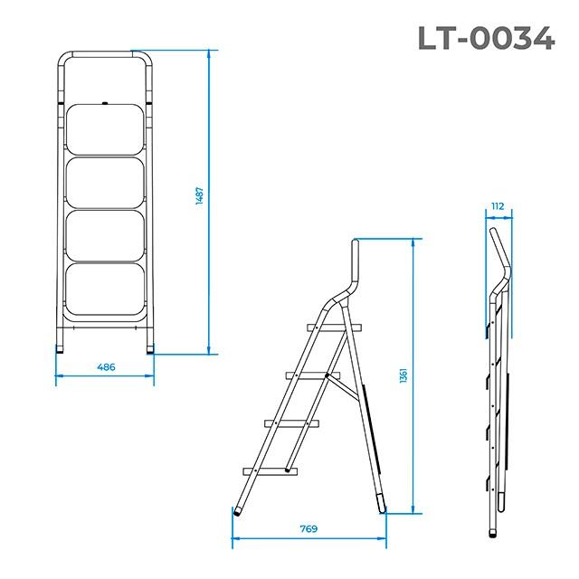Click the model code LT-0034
[x=485, y=37]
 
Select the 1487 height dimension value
[x=199, y=201]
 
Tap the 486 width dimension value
[x=106, y=367]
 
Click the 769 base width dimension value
[x=309, y=529]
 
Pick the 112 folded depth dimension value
[x=497, y=206]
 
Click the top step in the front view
[x=105, y=129]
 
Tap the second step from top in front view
[x=105, y=183]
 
